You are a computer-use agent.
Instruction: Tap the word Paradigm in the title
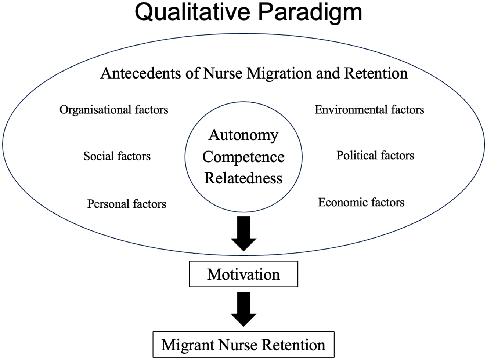310,13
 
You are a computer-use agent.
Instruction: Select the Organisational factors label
114,109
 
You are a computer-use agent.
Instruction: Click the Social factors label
117,156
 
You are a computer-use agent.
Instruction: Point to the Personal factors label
127,204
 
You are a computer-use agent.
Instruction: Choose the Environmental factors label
369,109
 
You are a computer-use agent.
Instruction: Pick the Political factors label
375,155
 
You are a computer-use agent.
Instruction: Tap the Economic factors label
361,202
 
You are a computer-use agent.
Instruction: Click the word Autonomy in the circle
243,135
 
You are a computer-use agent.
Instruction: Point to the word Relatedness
243,178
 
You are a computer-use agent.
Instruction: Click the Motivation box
244,274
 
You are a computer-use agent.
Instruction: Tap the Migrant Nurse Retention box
244,345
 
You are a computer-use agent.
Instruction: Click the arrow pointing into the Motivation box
244,233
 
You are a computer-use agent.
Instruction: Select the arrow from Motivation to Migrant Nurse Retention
244,309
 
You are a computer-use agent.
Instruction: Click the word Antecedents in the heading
141,73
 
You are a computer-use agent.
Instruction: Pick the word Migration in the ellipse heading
279,73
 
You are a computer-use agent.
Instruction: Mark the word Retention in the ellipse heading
376,73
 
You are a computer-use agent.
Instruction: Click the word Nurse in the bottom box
238,345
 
